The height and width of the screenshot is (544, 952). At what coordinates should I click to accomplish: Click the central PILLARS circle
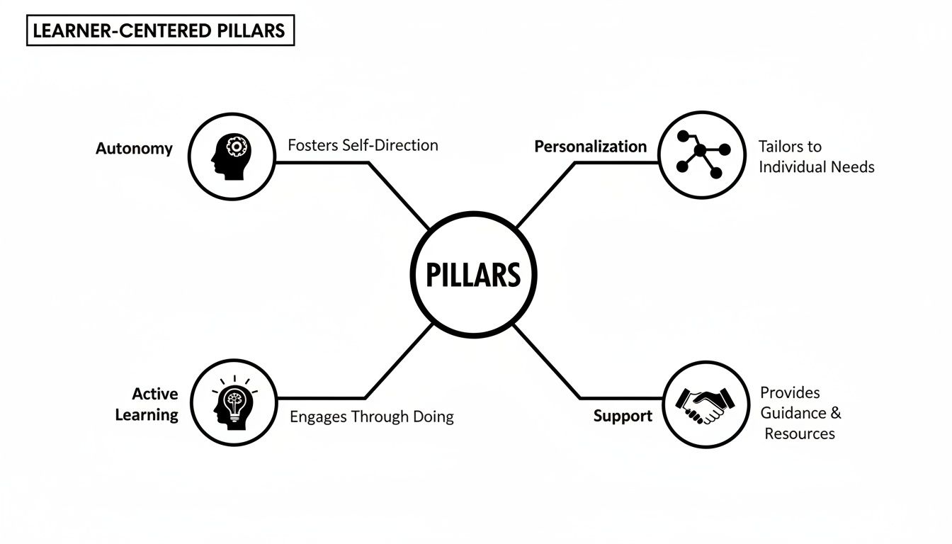[474, 274]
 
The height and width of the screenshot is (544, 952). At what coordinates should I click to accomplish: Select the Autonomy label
[134, 149]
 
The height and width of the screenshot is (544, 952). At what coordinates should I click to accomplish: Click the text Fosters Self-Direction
[363, 145]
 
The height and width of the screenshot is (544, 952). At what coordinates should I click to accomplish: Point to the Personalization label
[590, 147]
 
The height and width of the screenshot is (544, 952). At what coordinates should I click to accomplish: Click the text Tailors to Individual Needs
[816, 157]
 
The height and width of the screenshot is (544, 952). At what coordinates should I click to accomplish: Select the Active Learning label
[147, 404]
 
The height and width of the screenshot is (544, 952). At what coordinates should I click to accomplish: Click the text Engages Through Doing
[371, 416]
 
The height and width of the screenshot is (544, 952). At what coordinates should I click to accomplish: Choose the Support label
[623, 416]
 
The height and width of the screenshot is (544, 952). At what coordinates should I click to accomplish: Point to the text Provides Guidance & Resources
[800, 413]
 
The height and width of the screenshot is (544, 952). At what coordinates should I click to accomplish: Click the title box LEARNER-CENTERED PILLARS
[160, 31]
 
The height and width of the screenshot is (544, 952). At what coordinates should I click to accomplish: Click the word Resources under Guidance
[800, 433]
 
